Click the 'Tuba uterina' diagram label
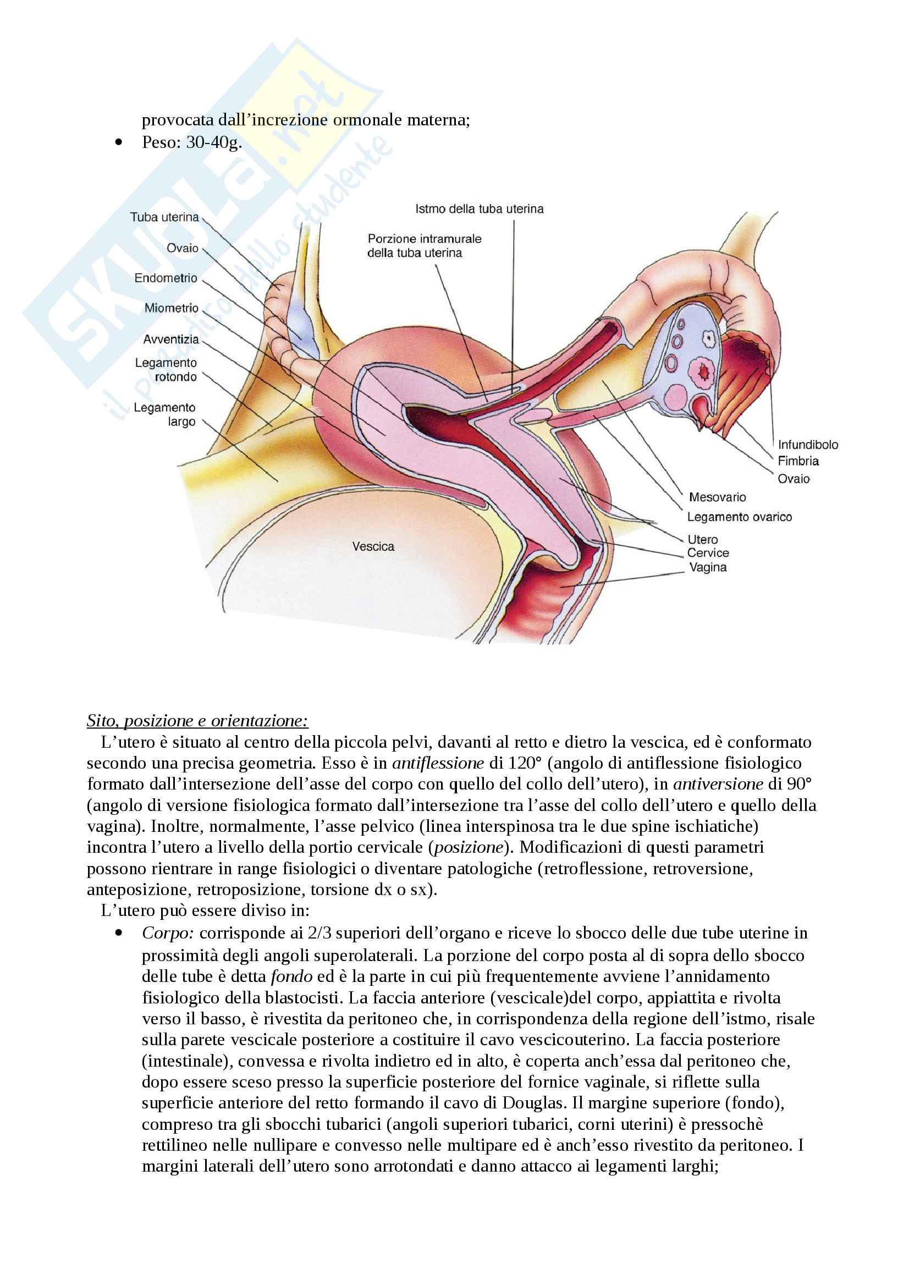pyautogui.click(x=164, y=217)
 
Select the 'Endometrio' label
pyautogui.click(x=166, y=278)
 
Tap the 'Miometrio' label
pyautogui.click(x=172, y=308)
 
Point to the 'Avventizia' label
pyautogui.click(x=171, y=339)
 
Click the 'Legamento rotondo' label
pyautogui.click(x=166, y=369)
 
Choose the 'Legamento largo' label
pyautogui.click(x=164, y=415)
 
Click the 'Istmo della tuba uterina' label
pyautogui.click(x=480, y=209)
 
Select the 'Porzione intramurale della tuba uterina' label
pyautogui.click(x=424, y=246)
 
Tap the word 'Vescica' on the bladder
pyautogui.click(x=373, y=546)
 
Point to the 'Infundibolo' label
pyautogui.click(x=808, y=445)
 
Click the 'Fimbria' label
pyautogui.click(x=798, y=461)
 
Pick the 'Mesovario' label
pyautogui.click(x=718, y=498)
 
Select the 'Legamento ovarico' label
pyautogui.click(x=739, y=517)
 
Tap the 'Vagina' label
pyautogui.click(x=708, y=567)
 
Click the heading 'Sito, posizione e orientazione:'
pyautogui.click(x=197, y=721)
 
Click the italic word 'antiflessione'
pyautogui.click(x=438, y=763)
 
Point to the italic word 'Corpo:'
pyautogui.click(x=168, y=932)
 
